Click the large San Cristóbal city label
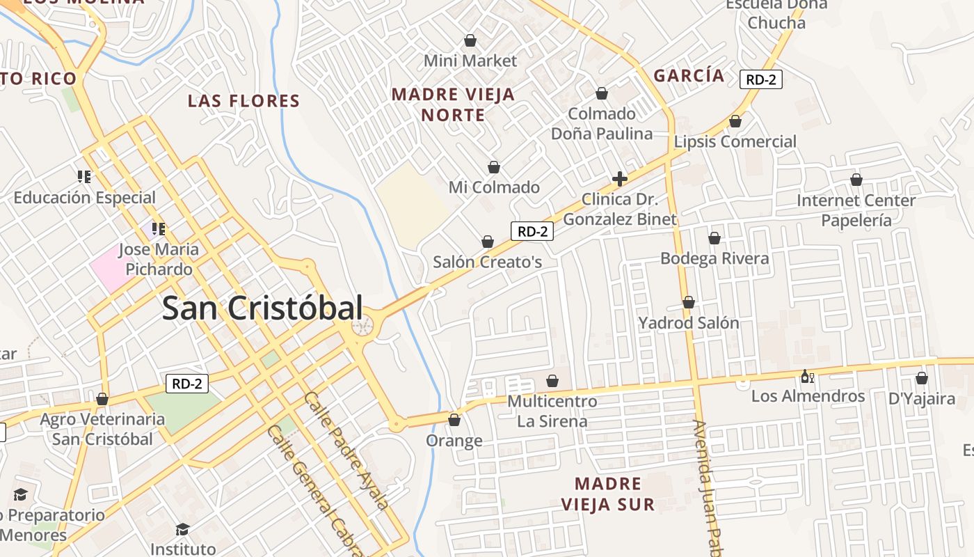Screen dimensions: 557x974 point(262,308)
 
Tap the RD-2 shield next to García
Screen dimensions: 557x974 point(760,79)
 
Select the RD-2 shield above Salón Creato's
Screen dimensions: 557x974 point(532,231)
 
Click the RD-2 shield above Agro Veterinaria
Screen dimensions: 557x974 point(187,383)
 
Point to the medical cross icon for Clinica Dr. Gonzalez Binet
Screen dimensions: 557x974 point(619,179)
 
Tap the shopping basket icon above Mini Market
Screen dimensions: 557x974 point(470,40)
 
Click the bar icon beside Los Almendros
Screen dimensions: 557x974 point(807,377)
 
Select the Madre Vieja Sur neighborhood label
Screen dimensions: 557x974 point(608,494)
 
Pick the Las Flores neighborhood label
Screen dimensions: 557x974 point(243,101)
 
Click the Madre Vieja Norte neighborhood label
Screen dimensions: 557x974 point(453,104)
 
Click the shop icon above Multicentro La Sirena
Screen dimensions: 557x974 point(552,381)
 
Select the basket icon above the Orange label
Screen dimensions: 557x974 point(454,420)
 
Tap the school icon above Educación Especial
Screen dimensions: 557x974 point(84,177)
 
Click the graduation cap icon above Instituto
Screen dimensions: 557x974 point(182,530)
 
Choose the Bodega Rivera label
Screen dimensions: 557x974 point(714,258)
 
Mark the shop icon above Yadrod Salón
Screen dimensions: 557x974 point(688,302)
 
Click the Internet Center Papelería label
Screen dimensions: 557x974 point(856,210)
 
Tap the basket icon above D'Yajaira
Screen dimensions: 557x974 point(922,378)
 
